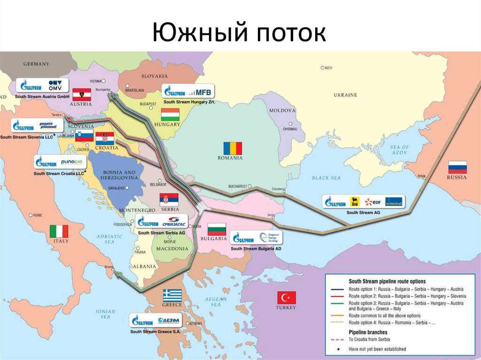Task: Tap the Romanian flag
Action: [233, 148]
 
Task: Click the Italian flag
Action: [59, 231]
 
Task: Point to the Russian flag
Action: [457, 168]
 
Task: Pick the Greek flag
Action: [172, 295]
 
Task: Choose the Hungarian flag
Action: [170, 115]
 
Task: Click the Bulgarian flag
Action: [217, 230]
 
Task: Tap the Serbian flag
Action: [169, 199]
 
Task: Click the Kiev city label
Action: [328, 68]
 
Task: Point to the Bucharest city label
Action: [238, 186]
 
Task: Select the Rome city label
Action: [37, 215]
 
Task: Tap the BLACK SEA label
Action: [326, 178]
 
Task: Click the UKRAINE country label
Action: [345, 95]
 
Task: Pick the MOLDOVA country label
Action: [282, 110]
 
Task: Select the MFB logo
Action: [203, 91]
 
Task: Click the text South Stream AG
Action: [363, 212]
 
